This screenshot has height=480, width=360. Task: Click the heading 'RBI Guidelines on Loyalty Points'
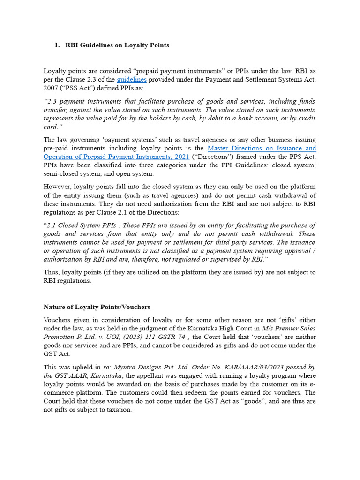click(117, 45)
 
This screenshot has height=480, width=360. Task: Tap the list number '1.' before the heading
click(57, 45)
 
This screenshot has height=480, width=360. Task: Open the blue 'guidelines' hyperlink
click(132, 80)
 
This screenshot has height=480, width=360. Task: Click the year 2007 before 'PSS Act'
click(52, 89)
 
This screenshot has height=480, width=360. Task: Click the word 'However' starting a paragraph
click(57, 187)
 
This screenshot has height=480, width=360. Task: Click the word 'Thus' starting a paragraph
click(52, 272)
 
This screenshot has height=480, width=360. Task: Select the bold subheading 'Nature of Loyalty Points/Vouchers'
click(97, 307)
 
